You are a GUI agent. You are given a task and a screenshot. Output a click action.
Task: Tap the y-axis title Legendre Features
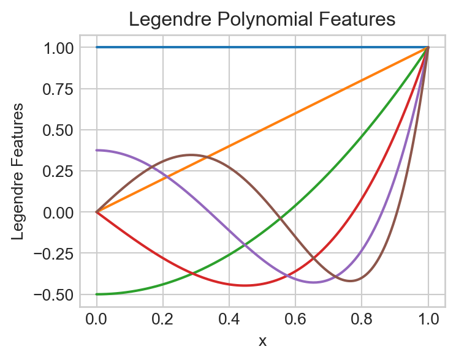19,171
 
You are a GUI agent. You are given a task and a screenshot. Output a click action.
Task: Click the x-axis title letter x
262,341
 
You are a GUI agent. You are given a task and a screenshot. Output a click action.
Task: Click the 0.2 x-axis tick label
162,319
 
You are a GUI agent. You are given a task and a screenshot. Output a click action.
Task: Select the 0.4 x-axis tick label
229,319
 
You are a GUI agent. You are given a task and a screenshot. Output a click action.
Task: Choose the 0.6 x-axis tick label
295,319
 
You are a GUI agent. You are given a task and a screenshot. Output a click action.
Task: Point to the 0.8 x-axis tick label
362,319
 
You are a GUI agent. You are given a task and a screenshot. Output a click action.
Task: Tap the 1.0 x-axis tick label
428,319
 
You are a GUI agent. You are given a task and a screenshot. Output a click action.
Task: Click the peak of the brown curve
191,155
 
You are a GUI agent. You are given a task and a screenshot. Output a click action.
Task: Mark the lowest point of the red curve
245,285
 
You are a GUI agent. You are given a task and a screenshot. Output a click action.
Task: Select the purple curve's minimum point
314,282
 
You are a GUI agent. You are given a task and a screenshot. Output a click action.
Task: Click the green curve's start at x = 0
96,294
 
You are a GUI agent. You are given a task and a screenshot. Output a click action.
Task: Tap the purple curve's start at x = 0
96,150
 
